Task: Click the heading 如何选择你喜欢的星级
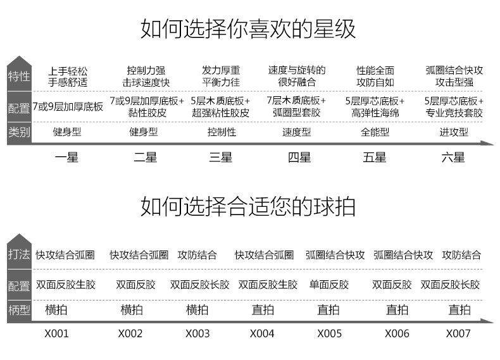tap(248, 29)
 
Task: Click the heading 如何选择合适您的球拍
tap(248, 206)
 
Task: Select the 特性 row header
tap(19, 77)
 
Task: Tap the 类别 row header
tap(19, 132)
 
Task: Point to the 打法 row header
tap(19, 255)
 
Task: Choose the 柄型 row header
tap(19, 310)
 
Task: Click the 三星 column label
tap(221, 158)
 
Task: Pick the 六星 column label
tap(453, 158)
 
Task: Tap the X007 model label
tap(459, 333)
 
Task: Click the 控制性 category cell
tap(222, 132)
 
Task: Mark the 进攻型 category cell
tap(454, 132)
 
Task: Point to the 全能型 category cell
tap(375, 132)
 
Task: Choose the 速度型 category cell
tap(296, 132)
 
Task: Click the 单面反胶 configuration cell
tap(328, 285)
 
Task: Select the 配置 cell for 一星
tap(68, 107)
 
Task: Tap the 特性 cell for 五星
tap(375, 76)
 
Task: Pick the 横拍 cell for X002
tap(132, 310)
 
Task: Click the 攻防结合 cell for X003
tap(197, 255)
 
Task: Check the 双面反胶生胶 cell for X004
tap(268, 285)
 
